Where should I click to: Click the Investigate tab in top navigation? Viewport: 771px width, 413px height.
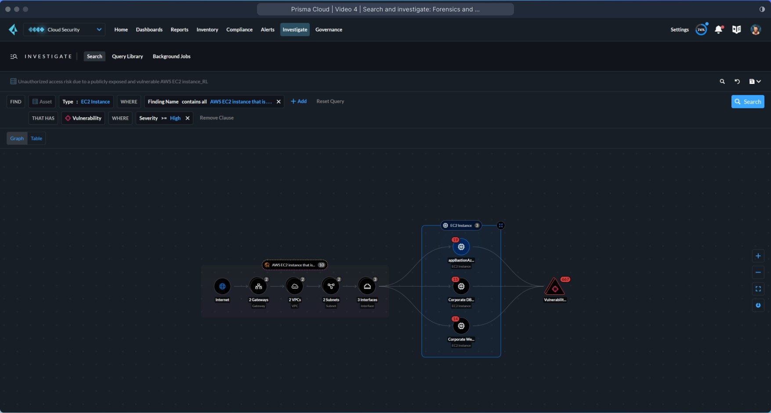click(295, 29)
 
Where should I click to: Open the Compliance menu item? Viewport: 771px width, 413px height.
click(239, 29)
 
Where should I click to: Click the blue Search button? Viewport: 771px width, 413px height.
click(747, 101)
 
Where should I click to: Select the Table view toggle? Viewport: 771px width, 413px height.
click(36, 138)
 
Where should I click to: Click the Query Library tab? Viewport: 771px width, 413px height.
click(127, 56)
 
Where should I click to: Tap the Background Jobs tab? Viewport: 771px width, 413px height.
click(171, 56)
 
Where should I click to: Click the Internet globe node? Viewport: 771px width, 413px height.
click(222, 286)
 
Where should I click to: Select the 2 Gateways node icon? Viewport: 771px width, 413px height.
click(258, 286)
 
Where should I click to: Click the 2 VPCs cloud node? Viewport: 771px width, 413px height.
click(295, 286)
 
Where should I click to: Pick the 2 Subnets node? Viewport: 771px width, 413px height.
click(331, 286)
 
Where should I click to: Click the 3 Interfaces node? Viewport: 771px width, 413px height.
click(367, 286)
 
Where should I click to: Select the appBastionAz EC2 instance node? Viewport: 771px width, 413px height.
click(461, 247)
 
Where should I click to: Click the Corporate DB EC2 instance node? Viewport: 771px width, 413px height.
click(461, 286)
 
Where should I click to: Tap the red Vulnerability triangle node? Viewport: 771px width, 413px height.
click(555, 288)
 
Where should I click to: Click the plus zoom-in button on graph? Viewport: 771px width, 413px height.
click(758, 256)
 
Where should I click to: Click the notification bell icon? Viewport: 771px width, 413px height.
click(718, 29)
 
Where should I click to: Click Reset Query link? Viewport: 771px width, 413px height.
click(330, 101)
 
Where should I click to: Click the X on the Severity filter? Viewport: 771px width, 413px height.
click(188, 118)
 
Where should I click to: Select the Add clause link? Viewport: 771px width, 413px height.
click(299, 101)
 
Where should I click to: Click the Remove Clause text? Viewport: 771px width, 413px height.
click(217, 118)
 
